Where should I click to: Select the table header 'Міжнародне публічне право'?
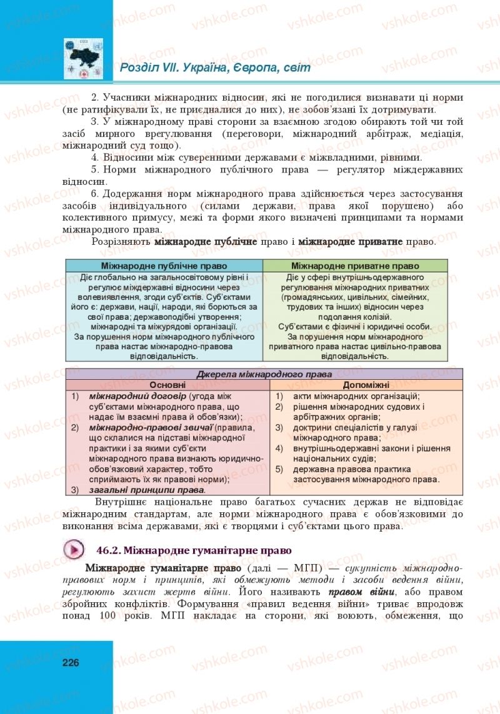coord(164,265)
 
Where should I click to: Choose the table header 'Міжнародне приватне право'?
coord(355,265)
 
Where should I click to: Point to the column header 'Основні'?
coord(167,385)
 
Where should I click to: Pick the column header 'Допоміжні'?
coord(366,385)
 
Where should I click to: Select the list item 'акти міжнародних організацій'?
coord(356,396)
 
